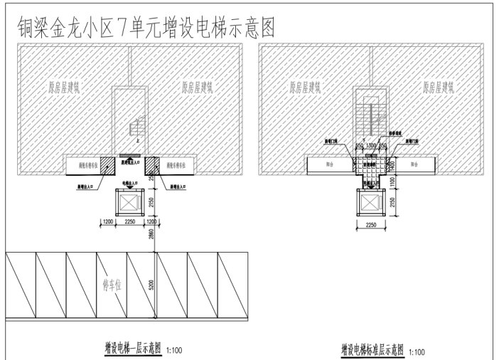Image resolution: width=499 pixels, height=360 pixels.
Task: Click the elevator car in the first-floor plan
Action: click(130, 201)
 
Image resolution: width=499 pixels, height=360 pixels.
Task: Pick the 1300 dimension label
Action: click(370, 145)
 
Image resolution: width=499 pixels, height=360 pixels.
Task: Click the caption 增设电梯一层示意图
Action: click(132, 349)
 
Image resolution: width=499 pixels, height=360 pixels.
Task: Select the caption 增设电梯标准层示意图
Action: click(372, 350)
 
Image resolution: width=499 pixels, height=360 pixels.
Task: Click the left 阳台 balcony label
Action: click(328, 164)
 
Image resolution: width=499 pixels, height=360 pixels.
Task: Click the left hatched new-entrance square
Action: click(107, 165)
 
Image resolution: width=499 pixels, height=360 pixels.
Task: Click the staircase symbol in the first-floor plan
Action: click(134, 129)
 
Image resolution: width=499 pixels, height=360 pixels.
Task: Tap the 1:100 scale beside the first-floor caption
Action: click(175, 351)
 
